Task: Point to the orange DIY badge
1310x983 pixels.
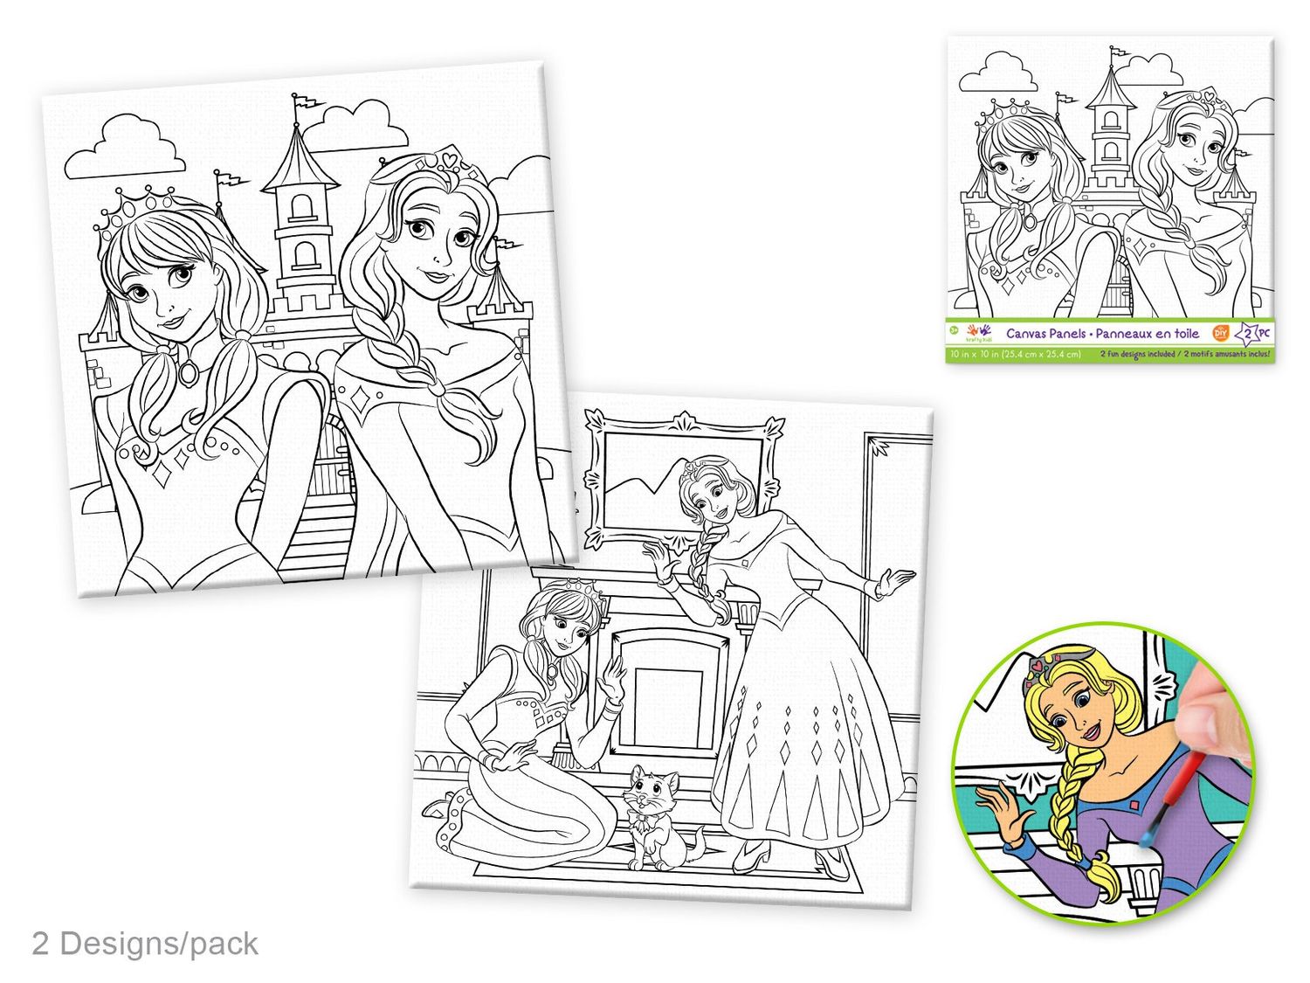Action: pyautogui.click(x=1221, y=333)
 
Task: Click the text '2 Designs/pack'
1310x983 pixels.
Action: pyautogui.click(x=145, y=944)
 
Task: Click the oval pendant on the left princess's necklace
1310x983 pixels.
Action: pyautogui.click(x=188, y=373)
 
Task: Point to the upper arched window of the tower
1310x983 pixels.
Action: pyautogui.click(x=301, y=206)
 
